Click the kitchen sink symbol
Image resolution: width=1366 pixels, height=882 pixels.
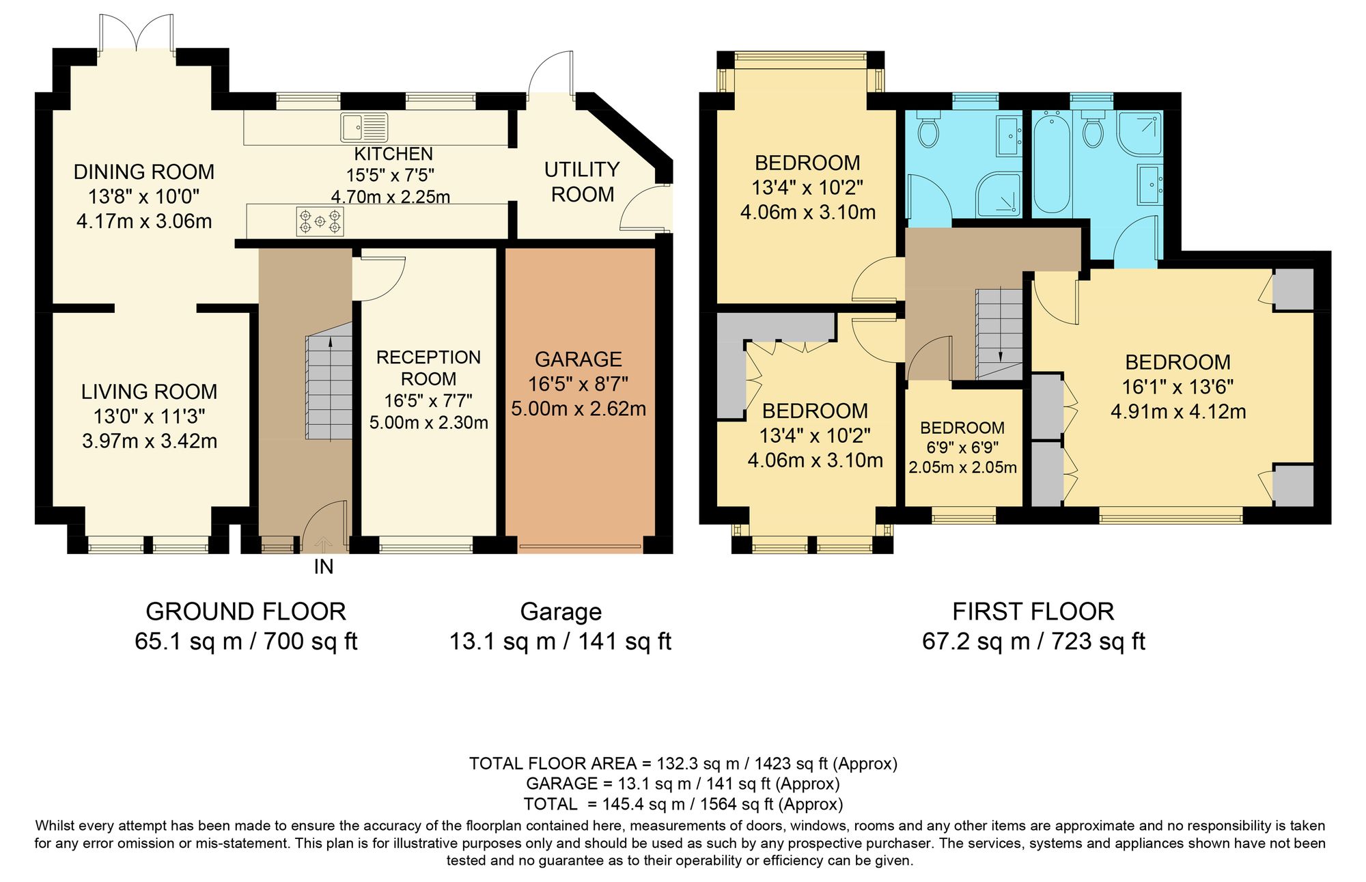[364, 128]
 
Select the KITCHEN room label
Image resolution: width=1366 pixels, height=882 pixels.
[393, 154]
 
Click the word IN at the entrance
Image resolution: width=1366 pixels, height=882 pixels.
[324, 567]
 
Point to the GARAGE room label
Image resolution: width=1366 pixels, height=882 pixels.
[578, 359]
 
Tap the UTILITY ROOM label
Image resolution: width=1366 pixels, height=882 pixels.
[582, 182]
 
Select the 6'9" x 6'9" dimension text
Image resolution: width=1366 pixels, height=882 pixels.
[962, 447]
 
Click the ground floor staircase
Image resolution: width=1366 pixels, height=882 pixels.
[329, 387]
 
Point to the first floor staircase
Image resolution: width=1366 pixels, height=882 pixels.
[999, 333]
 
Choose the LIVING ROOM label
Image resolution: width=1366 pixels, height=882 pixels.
[149, 391]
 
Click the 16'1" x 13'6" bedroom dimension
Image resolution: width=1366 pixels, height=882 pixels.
[1177, 387]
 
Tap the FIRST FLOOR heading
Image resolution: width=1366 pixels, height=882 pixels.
[1033, 611]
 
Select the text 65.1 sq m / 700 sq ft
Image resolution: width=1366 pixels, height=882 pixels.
[246, 642]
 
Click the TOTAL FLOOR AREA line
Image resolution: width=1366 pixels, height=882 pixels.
[683, 763]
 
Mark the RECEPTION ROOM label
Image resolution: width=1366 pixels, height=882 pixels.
[428, 368]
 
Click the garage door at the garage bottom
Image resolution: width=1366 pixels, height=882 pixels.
[580, 546]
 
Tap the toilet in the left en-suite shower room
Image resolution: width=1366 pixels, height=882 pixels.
[928, 132]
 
